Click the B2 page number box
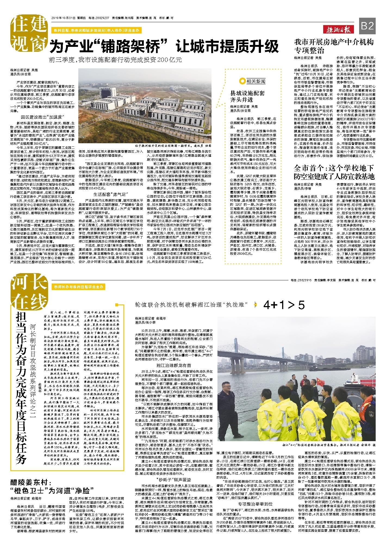pos(367,26)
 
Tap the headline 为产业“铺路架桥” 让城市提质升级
pos(164,46)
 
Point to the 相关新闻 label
pos(256,81)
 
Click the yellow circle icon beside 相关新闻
pos(242,81)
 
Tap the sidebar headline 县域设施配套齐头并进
pos(247,96)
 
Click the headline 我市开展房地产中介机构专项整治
pos(334,46)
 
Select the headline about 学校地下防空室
pos(334,172)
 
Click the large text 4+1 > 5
pos(284,305)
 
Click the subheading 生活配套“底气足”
pos(110,194)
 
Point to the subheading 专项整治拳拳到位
pos(255,504)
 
